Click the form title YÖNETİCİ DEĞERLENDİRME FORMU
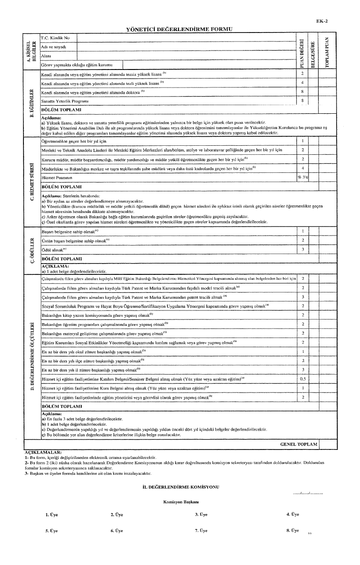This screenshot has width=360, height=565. pos(179,29)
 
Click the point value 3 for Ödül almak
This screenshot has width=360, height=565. pos(302,249)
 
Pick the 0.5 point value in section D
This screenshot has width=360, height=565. pos(302,379)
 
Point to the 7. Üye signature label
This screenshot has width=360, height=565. pos(201,531)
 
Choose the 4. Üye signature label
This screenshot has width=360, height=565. pos(293,514)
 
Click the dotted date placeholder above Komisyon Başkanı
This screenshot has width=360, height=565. pos(308,494)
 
